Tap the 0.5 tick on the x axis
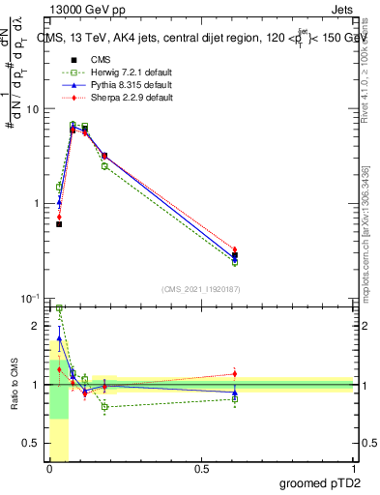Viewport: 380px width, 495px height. click(201, 468)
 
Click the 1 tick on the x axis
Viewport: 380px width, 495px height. click(355, 468)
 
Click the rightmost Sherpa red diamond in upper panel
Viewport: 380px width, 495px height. click(235, 249)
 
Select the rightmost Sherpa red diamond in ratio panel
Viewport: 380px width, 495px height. click(235, 373)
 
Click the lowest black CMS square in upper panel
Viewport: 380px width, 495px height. click(59, 223)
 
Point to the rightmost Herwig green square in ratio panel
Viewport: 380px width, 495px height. click(235, 398)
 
